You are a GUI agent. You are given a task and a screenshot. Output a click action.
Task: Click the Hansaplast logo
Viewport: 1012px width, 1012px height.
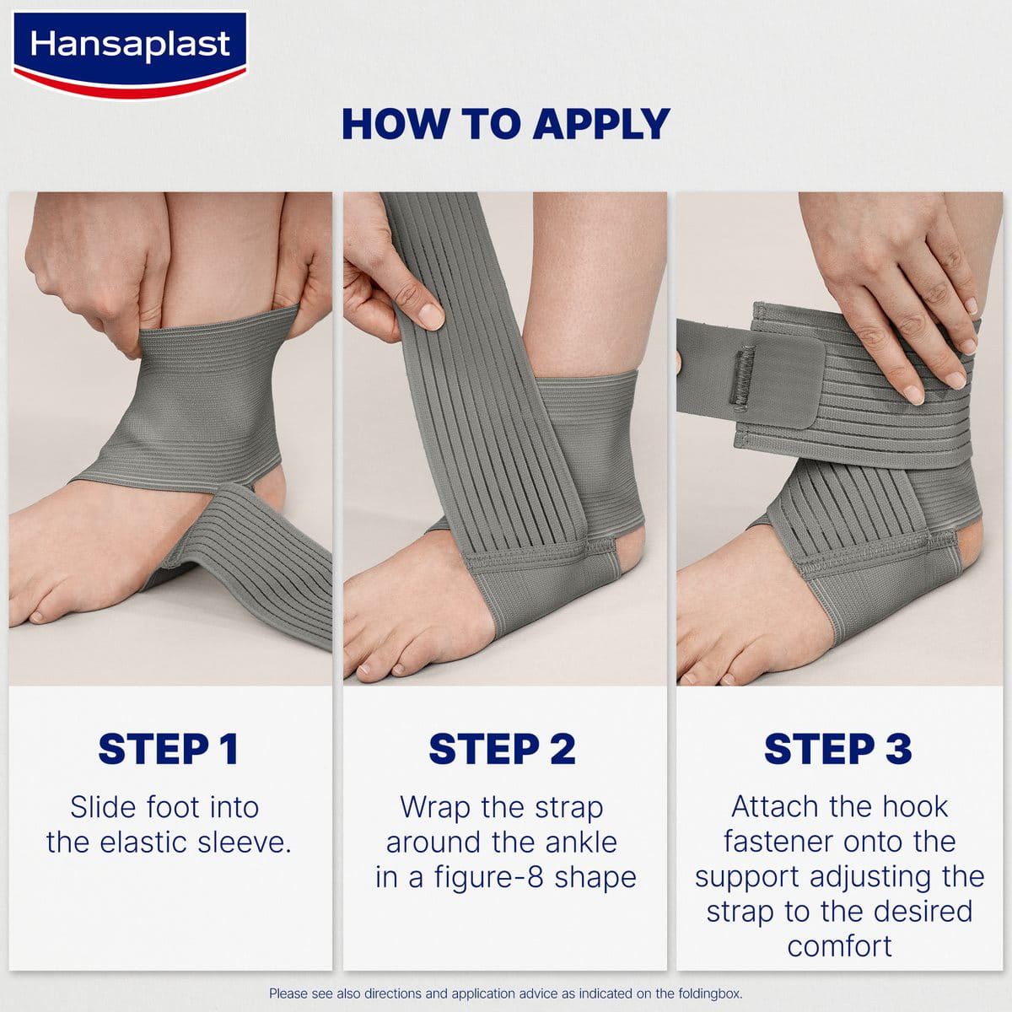coord(130,55)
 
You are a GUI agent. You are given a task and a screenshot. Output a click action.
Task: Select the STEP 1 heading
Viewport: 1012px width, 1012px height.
coord(169,750)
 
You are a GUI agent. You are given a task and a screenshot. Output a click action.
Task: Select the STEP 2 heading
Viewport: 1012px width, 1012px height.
coord(502,750)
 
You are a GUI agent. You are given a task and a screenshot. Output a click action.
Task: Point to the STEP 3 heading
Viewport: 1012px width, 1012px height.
coord(838,750)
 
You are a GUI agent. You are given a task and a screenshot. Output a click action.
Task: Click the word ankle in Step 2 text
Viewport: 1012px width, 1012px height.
coord(581,842)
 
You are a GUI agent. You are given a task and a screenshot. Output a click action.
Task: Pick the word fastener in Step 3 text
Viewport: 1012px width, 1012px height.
coord(775,842)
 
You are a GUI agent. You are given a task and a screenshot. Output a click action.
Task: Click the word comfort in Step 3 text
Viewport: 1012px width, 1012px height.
coord(839,946)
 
